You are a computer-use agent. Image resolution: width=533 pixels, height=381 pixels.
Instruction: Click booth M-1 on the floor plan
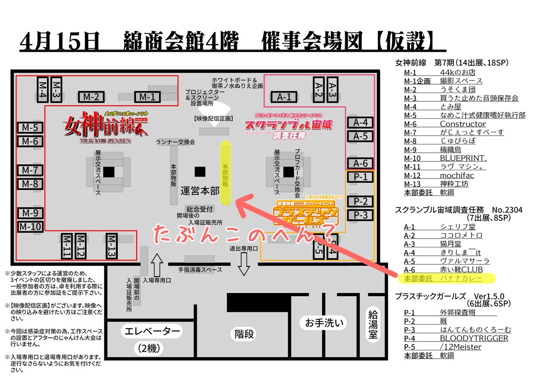147,97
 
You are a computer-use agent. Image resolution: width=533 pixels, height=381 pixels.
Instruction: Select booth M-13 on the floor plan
111,246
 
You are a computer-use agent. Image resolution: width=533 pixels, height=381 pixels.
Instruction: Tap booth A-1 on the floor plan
284,97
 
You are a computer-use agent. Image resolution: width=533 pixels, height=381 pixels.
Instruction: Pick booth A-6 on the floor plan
360,163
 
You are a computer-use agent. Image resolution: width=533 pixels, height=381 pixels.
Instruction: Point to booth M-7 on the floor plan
30,170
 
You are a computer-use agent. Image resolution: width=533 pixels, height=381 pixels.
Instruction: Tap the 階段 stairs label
244,334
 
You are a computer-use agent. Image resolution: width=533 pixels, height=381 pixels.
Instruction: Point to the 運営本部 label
200,191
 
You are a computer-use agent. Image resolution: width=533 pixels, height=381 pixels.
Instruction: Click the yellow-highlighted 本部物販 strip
226,173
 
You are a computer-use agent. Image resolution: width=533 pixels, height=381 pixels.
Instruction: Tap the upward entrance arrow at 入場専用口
156,266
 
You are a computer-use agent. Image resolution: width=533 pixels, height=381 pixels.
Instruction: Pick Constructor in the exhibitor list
463,124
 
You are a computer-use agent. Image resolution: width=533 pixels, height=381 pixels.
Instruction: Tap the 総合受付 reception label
200,209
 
